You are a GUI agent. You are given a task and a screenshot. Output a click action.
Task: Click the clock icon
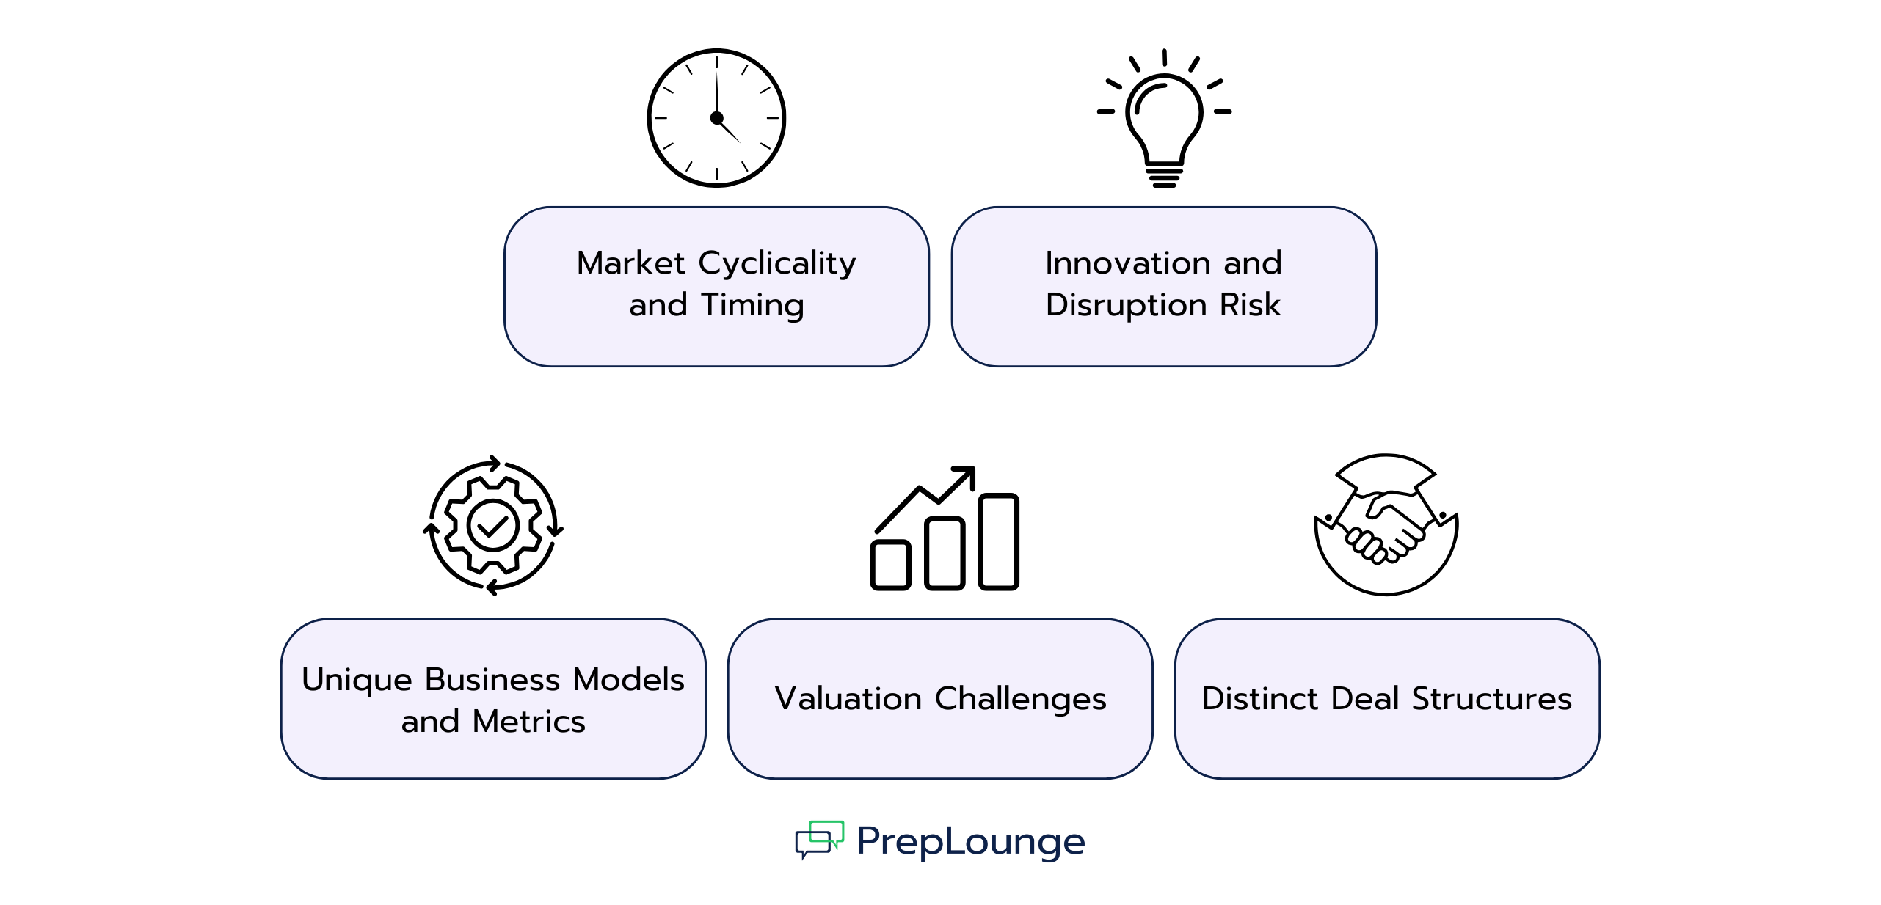[x=716, y=118]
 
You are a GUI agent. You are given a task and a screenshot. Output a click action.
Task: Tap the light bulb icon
[x=1164, y=118]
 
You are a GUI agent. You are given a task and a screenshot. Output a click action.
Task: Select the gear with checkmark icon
[x=493, y=525]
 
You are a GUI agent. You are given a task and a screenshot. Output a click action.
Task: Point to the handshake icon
[x=1386, y=524]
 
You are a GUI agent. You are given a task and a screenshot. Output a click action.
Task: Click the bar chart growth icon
[x=945, y=528]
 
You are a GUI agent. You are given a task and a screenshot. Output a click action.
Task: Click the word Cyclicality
[x=777, y=264]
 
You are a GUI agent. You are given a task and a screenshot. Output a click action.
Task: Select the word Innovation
[x=1129, y=263]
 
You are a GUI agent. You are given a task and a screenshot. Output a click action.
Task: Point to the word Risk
[x=1251, y=304]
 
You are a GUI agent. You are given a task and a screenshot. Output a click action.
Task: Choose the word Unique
[x=357, y=681]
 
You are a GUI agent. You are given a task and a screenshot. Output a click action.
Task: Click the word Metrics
[x=529, y=722]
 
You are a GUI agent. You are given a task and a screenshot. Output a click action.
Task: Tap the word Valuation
[x=848, y=699]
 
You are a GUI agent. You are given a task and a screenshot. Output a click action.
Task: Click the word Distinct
[x=1260, y=699]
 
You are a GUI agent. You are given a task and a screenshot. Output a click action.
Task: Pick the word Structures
[x=1492, y=699]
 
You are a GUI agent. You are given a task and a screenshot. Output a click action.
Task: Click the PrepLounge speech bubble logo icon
[x=820, y=840]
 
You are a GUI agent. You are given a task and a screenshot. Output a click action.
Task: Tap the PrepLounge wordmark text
[x=971, y=842]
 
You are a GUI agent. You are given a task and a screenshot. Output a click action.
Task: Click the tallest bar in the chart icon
[x=999, y=541]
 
